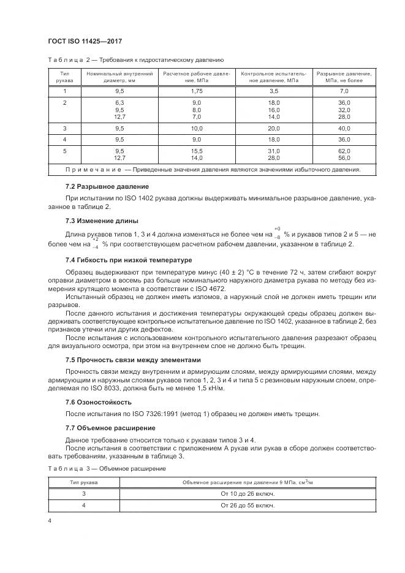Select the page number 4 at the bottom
pos(50,520)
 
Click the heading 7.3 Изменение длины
pos(101,221)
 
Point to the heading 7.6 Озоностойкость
pos(99,402)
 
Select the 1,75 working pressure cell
pos(196,91)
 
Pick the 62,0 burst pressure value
pos(344,150)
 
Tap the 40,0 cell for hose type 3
pos(344,129)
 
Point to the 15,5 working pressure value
pos(196,150)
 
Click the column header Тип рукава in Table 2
pos(64,77)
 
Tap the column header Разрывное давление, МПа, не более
pos(344,77)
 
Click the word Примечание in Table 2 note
pos(93,170)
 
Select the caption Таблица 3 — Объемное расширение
pos(106,468)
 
